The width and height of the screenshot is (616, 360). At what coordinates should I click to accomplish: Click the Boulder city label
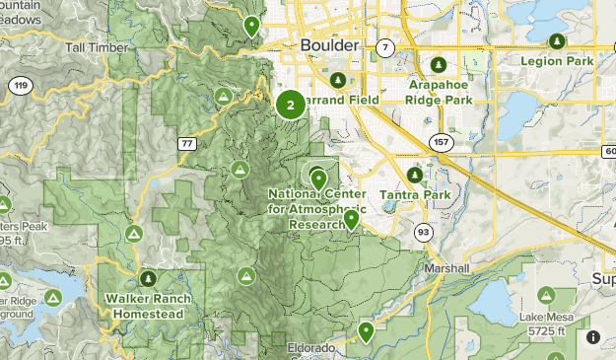330,46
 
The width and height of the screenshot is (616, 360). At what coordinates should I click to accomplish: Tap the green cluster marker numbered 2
290,104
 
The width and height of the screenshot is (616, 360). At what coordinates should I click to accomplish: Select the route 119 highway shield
19,87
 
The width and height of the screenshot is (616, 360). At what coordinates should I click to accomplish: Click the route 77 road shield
186,144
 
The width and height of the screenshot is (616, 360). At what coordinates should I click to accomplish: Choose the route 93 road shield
423,232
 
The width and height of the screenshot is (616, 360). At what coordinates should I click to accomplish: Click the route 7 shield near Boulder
384,47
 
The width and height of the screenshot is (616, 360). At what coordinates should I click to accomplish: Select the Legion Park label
559,61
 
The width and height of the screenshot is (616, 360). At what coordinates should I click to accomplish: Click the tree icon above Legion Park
557,40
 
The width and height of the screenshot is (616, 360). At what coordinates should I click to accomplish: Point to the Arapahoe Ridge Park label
440,93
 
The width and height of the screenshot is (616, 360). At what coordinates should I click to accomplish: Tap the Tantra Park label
415,195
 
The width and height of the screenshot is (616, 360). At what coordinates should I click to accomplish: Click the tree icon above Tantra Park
415,176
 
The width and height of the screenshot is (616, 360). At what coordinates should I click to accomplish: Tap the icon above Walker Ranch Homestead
149,279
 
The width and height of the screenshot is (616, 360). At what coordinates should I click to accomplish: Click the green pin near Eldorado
366,330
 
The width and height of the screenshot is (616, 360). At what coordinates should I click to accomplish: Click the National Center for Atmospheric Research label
317,209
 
